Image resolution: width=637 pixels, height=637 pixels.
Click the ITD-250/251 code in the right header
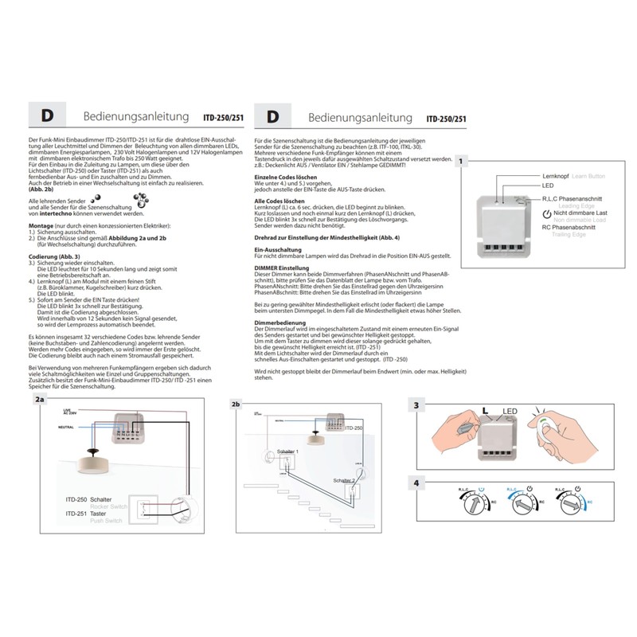coord(447,119)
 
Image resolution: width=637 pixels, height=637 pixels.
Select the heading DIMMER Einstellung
coord(283,269)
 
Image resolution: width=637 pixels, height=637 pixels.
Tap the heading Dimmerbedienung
coord(279,322)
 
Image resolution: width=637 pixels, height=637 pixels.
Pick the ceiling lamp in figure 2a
coord(88,462)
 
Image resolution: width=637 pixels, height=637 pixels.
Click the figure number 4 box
coord(417,483)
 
